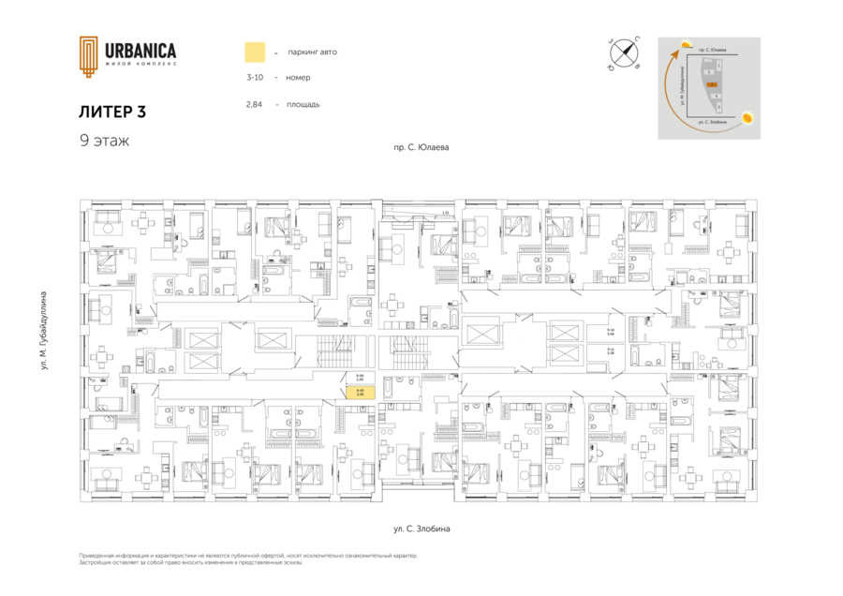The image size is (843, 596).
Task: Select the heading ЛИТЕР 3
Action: pyautogui.click(x=112, y=111)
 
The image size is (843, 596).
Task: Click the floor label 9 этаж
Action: pyautogui.click(x=104, y=141)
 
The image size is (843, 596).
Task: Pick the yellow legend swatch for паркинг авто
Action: pyautogui.click(x=254, y=52)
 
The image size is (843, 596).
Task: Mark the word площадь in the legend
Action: pyautogui.click(x=303, y=104)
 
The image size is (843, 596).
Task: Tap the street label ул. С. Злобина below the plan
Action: pyautogui.click(x=421, y=529)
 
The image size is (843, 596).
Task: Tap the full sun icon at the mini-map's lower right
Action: pyautogui.click(x=747, y=118)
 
